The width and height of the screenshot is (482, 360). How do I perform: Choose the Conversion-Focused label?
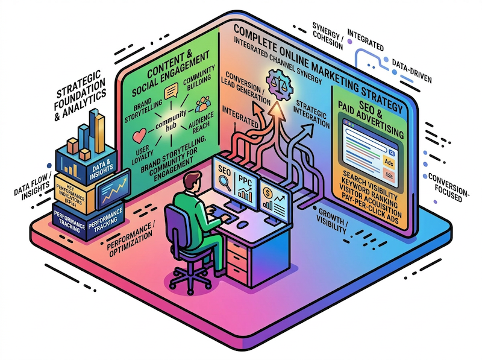(453, 184)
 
